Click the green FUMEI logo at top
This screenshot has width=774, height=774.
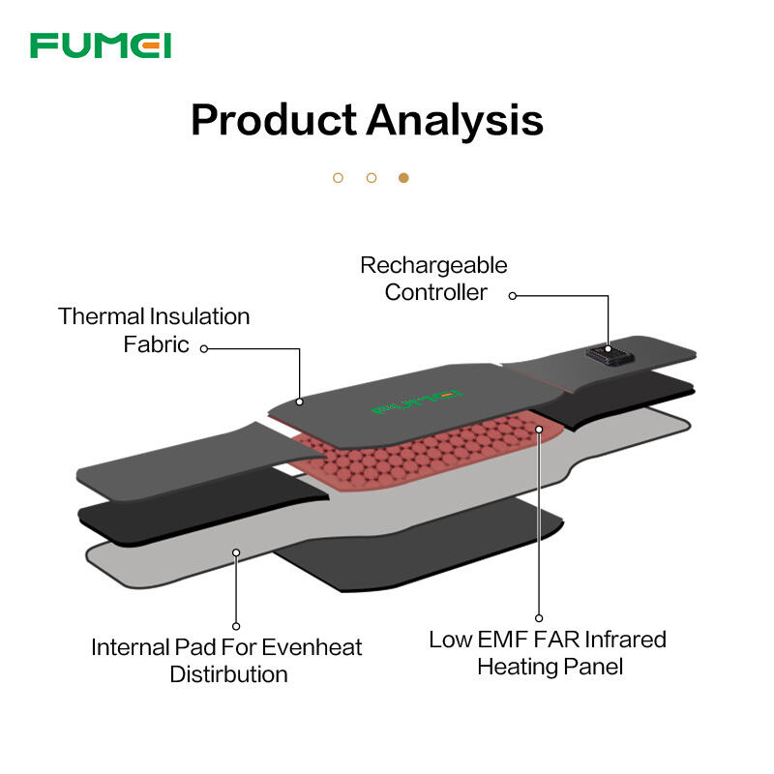(101, 45)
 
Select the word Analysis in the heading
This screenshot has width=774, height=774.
(454, 121)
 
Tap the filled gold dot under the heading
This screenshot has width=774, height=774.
(403, 178)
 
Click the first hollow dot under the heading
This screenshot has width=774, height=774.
(338, 178)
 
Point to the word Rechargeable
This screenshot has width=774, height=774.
(433, 265)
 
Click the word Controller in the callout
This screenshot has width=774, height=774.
(435, 291)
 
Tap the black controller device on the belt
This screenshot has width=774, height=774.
(608, 356)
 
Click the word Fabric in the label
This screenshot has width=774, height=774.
(157, 343)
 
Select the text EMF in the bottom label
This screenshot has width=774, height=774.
(501, 640)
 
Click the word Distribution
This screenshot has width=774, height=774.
(228, 673)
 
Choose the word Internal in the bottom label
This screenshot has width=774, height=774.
(131, 646)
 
